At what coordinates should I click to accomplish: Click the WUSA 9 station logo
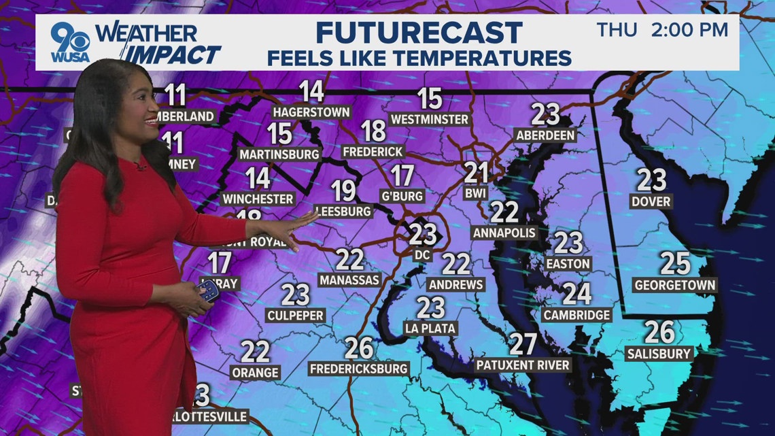71,44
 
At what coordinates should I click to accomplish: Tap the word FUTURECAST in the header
419,33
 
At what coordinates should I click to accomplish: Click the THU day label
617,31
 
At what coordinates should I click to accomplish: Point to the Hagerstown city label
311,112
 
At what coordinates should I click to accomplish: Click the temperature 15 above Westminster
430,99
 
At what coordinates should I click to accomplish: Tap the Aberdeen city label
546,135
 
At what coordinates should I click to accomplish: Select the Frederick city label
373,151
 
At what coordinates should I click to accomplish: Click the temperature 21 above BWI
477,173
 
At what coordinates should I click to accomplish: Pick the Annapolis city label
504,233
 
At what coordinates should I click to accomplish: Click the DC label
422,255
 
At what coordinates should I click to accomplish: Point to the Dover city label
651,201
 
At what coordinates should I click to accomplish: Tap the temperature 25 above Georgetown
674,264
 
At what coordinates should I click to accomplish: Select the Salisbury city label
659,354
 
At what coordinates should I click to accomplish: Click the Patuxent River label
523,365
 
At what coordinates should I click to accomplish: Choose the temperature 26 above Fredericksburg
359,348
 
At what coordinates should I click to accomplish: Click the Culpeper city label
295,316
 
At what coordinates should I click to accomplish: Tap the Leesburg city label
344,212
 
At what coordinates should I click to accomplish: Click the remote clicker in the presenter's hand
208,292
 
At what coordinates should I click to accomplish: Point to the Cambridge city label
577,315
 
